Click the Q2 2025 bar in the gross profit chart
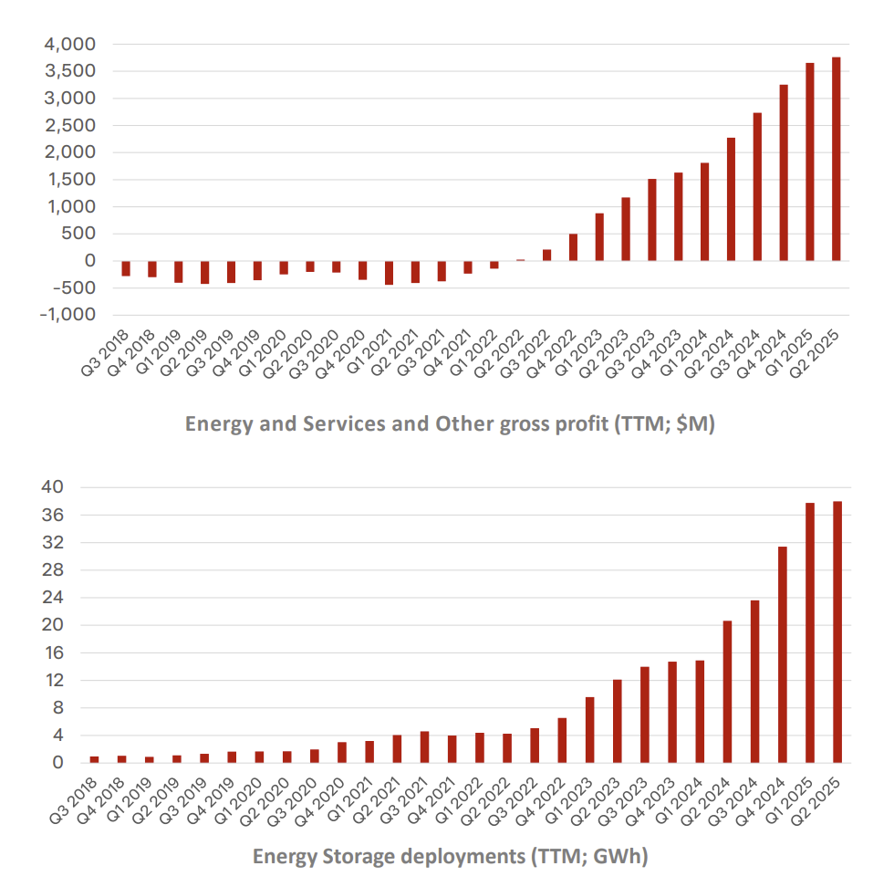836,159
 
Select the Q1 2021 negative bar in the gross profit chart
389,273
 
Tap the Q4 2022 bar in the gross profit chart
573,247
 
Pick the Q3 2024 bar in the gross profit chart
757,186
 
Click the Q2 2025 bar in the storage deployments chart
837,631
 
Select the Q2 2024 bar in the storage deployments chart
727,692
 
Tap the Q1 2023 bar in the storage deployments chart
590,730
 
